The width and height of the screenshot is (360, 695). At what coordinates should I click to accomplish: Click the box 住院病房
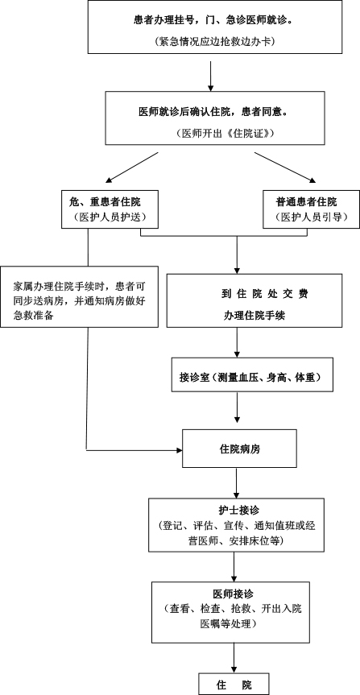(240, 448)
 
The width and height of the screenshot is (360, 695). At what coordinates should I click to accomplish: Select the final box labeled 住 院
(234, 685)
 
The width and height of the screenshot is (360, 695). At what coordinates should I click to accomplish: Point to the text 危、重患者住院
(105, 202)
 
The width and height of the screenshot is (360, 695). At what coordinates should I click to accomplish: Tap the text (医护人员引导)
(311, 217)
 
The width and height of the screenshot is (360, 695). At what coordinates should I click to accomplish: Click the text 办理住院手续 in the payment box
(254, 316)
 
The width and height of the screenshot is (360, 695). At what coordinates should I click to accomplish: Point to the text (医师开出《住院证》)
(222, 133)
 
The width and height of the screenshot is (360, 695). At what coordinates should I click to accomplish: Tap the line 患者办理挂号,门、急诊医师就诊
(215, 20)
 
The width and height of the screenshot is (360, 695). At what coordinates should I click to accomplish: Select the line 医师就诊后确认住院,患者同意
(215, 112)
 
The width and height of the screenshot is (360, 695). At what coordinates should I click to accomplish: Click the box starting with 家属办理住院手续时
(80, 296)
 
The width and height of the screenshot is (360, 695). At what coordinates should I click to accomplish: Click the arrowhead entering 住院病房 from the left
(180, 450)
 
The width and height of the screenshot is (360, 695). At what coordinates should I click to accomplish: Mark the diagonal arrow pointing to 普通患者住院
(286, 168)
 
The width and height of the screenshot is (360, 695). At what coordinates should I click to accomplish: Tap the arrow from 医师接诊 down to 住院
(234, 658)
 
